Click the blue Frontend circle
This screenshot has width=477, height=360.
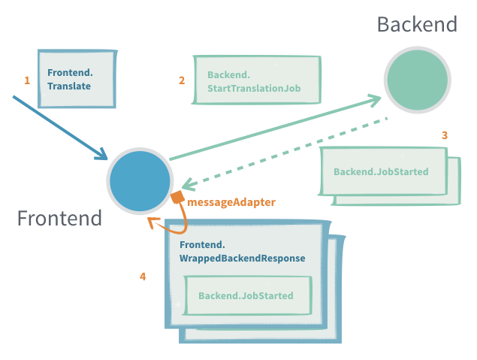point(139,181)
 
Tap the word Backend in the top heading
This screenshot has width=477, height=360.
point(417,24)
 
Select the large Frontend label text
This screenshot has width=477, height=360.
point(59,219)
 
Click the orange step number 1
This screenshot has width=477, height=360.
point(27,80)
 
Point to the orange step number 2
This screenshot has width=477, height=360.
point(182,80)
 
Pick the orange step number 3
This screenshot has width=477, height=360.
point(445,135)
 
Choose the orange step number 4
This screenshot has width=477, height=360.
point(143,277)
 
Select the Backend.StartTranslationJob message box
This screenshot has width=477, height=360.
point(256,79)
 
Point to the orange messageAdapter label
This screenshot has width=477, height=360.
point(231,202)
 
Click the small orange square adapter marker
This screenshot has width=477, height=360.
point(177,198)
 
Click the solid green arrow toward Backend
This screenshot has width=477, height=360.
point(270,129)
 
